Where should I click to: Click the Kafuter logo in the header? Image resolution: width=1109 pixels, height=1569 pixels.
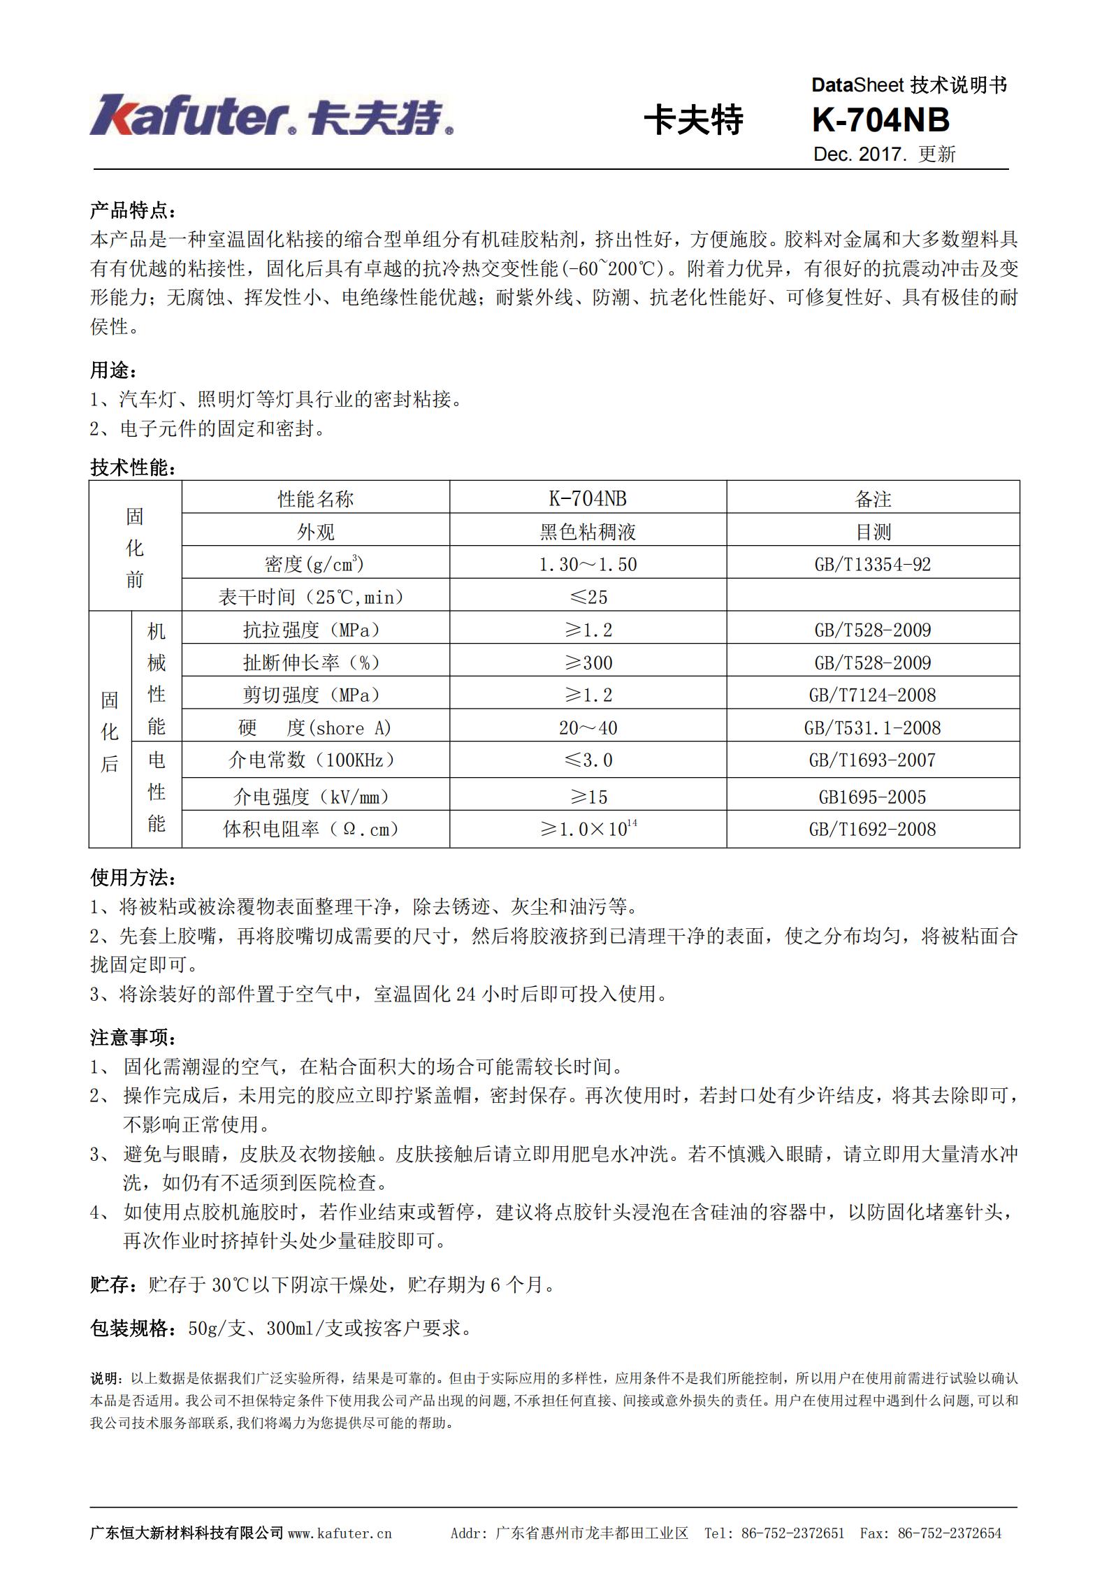pos(270,116)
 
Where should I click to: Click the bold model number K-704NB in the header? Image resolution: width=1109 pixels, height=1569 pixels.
pos(880,120)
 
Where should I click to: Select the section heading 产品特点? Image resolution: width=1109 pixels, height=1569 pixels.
pos(133,210)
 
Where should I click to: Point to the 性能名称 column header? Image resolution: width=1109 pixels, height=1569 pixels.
pos(315,498)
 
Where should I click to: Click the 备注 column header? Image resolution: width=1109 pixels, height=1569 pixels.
pos(873,498)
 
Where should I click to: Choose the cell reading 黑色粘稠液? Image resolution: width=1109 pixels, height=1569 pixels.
pos(588,532)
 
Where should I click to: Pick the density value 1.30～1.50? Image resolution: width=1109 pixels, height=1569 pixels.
pos(588,565)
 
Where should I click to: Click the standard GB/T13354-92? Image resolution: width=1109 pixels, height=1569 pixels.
pos(873,565)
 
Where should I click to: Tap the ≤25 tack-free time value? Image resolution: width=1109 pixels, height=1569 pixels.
pos(588,598)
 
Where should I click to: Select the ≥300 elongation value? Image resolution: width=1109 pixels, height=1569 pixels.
pos(588,663)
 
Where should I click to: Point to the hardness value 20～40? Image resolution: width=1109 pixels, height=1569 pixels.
pos(588,728)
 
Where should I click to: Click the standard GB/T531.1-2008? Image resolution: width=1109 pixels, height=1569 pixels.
pos(873,728)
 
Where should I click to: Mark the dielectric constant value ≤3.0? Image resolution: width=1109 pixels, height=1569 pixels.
pos(588,760)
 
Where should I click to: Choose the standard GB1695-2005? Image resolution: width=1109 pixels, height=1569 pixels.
pos(873,797)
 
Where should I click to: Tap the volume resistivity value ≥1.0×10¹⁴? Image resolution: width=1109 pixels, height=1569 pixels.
pos(588,830)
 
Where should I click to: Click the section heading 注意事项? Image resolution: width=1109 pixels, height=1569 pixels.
pos(133,1037)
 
